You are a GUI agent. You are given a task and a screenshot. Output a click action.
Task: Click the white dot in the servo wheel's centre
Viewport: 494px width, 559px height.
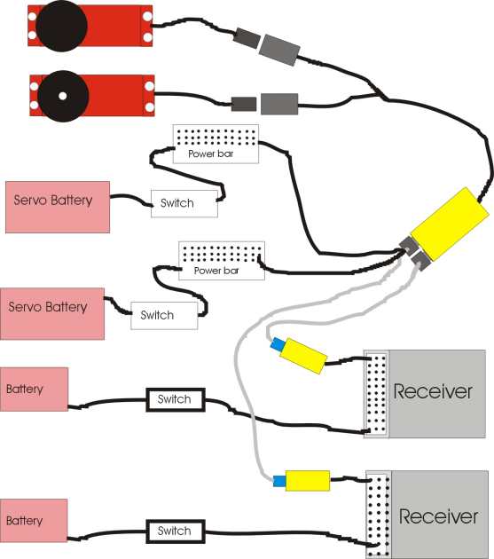tap(62, 96)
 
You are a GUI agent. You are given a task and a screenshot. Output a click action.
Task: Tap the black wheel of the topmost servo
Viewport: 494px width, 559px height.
tap(62, 26)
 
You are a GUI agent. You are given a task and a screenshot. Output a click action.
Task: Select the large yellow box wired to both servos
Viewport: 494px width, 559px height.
tap(450, 224)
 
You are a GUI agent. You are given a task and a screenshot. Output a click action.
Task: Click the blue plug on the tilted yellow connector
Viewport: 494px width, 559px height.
tap(278, 344)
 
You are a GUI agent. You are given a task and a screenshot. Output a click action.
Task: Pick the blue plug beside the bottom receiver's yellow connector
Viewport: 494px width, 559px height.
tap(279, 481)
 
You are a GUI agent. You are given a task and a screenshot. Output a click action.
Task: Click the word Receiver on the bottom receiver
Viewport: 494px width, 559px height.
tap(438, 516)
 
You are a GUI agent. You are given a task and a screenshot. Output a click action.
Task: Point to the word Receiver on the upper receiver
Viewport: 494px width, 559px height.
tap(433, 391)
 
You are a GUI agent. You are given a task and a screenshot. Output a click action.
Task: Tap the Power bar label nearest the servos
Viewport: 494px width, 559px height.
tap(211, 154)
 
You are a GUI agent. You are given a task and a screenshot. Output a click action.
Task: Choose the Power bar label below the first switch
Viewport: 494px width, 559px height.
tap(216, 271)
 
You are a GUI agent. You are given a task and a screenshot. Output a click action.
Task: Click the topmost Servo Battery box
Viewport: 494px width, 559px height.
tap(58, 207)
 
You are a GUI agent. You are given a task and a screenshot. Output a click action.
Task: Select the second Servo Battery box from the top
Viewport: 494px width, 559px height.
tap(52, 314)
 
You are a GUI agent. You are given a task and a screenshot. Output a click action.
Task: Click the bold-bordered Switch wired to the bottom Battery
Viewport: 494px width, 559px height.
tap(176, 531)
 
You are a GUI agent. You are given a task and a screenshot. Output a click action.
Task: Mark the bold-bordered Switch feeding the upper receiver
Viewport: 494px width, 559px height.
tap(176, 399)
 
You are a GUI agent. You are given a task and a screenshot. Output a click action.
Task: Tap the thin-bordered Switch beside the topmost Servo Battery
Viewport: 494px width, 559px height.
tap(184, 203)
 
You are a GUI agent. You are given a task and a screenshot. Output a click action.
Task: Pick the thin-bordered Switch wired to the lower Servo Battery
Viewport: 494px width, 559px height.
tap(164, 316)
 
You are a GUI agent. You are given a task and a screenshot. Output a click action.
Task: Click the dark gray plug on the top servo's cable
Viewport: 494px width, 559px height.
tap(247, 38)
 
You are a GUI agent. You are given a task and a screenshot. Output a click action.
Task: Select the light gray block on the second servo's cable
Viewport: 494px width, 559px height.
tap(279, 104)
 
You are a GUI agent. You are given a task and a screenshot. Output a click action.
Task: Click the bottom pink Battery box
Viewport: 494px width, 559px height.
tap(34, 521)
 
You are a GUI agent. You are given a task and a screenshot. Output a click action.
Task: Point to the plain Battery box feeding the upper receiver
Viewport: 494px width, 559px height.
tap(34, 390)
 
